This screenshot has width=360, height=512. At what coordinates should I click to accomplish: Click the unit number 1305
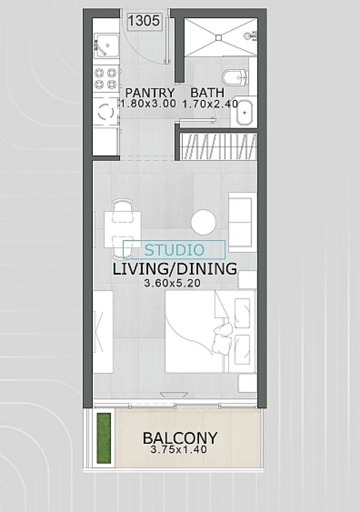(143, 21)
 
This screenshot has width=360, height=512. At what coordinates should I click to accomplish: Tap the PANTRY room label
(150, 93)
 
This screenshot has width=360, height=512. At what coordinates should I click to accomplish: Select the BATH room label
(207, 93)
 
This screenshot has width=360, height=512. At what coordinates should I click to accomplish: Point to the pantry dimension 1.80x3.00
(148, 104)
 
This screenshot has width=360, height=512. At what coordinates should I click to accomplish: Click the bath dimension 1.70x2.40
(210, 104)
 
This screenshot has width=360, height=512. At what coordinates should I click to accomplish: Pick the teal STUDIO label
(175, 250)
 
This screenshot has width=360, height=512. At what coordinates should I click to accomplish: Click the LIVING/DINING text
(175, 269)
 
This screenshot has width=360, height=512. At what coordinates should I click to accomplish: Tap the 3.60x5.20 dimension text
(172, 283)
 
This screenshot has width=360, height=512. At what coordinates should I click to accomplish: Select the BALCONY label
(180, 438)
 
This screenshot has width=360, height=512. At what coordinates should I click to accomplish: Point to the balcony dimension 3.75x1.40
(179, 450)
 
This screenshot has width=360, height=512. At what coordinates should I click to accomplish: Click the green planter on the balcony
(104, 438)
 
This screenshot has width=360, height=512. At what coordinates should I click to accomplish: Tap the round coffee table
(203, 222)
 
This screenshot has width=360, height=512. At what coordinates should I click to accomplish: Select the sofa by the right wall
(242, 222)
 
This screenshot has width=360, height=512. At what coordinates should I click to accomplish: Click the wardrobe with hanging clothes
(219, 146)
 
